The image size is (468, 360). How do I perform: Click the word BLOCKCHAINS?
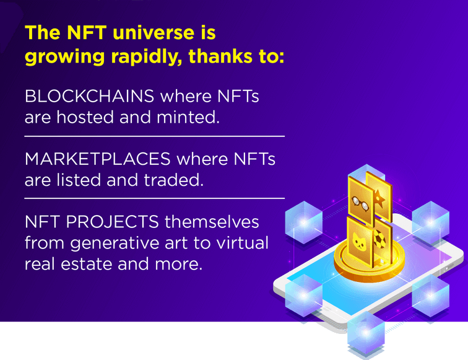(x=89, y=96)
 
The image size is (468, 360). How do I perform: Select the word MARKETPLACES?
(x=98, y=159)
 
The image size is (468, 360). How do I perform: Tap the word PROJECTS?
(x=112, y=222)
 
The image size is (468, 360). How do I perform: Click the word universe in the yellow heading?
(x=154, y=33)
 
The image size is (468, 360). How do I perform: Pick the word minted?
(x=188, y=117)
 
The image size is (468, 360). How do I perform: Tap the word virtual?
(x=243, y=243)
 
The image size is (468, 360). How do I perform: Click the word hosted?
(x=85, y=117)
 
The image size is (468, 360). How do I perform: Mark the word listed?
(x=79, y=180)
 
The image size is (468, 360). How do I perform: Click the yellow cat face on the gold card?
(x=359, y=242)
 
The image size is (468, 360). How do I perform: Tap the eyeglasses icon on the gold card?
(x=360, y=204)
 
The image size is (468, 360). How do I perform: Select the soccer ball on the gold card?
(x=379, y=239)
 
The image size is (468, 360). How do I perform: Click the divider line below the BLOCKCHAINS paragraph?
(x=155, y=136)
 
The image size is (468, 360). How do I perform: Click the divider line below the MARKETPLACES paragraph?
(x=155, y=198)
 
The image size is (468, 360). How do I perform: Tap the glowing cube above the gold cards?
(x=366, y=173)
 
